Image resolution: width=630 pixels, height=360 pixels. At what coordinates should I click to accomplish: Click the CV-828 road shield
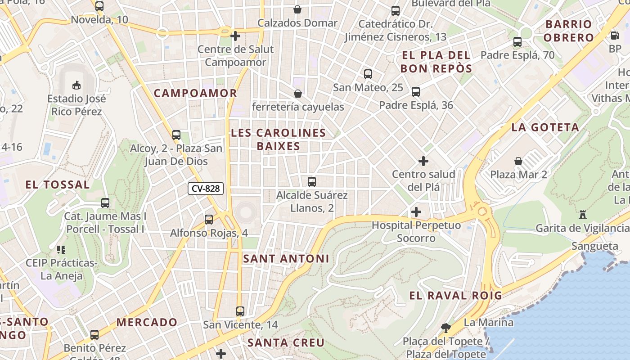click(206, 189)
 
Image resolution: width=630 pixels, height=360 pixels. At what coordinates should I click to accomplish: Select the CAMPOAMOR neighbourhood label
click(195, 93)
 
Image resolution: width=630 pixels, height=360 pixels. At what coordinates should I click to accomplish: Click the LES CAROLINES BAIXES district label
click(278, 139)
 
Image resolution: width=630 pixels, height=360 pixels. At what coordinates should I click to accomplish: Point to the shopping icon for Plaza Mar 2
click(518, 161)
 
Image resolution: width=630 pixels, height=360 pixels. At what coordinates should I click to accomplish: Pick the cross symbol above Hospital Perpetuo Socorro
click(416, 212)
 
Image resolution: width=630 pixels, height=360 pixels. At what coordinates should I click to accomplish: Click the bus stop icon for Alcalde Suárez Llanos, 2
click(312, 182)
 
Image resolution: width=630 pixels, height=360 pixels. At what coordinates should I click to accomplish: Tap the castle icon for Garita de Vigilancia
click(583, 214)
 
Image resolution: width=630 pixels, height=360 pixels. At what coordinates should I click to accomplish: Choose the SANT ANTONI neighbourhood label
click(286, 259)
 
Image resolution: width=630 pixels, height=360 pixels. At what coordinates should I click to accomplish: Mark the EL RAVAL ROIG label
click(455, 296)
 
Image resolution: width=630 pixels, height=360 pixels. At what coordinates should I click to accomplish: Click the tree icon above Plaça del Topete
click(446, 328)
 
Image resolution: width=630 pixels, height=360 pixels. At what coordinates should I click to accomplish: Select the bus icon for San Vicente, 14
click(240, 311)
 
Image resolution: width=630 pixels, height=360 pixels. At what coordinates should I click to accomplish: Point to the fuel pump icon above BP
click(615, 35)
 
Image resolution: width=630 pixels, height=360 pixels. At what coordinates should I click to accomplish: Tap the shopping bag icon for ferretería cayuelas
click(298, 94)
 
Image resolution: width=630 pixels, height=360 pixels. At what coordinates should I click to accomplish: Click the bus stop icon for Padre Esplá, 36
click(416, 92)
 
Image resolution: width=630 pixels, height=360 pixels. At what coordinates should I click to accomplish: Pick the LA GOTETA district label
click(545, 127)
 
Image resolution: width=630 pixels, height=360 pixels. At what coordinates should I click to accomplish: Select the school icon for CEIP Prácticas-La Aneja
click(61, 249)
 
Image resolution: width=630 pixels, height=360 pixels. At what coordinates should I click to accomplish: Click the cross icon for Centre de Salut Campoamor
click(235, 36)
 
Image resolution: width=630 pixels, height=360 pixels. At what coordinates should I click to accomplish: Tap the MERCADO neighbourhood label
click(147, 323)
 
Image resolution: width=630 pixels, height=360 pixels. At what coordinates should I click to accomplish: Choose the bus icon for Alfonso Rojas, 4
click(209, 220)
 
